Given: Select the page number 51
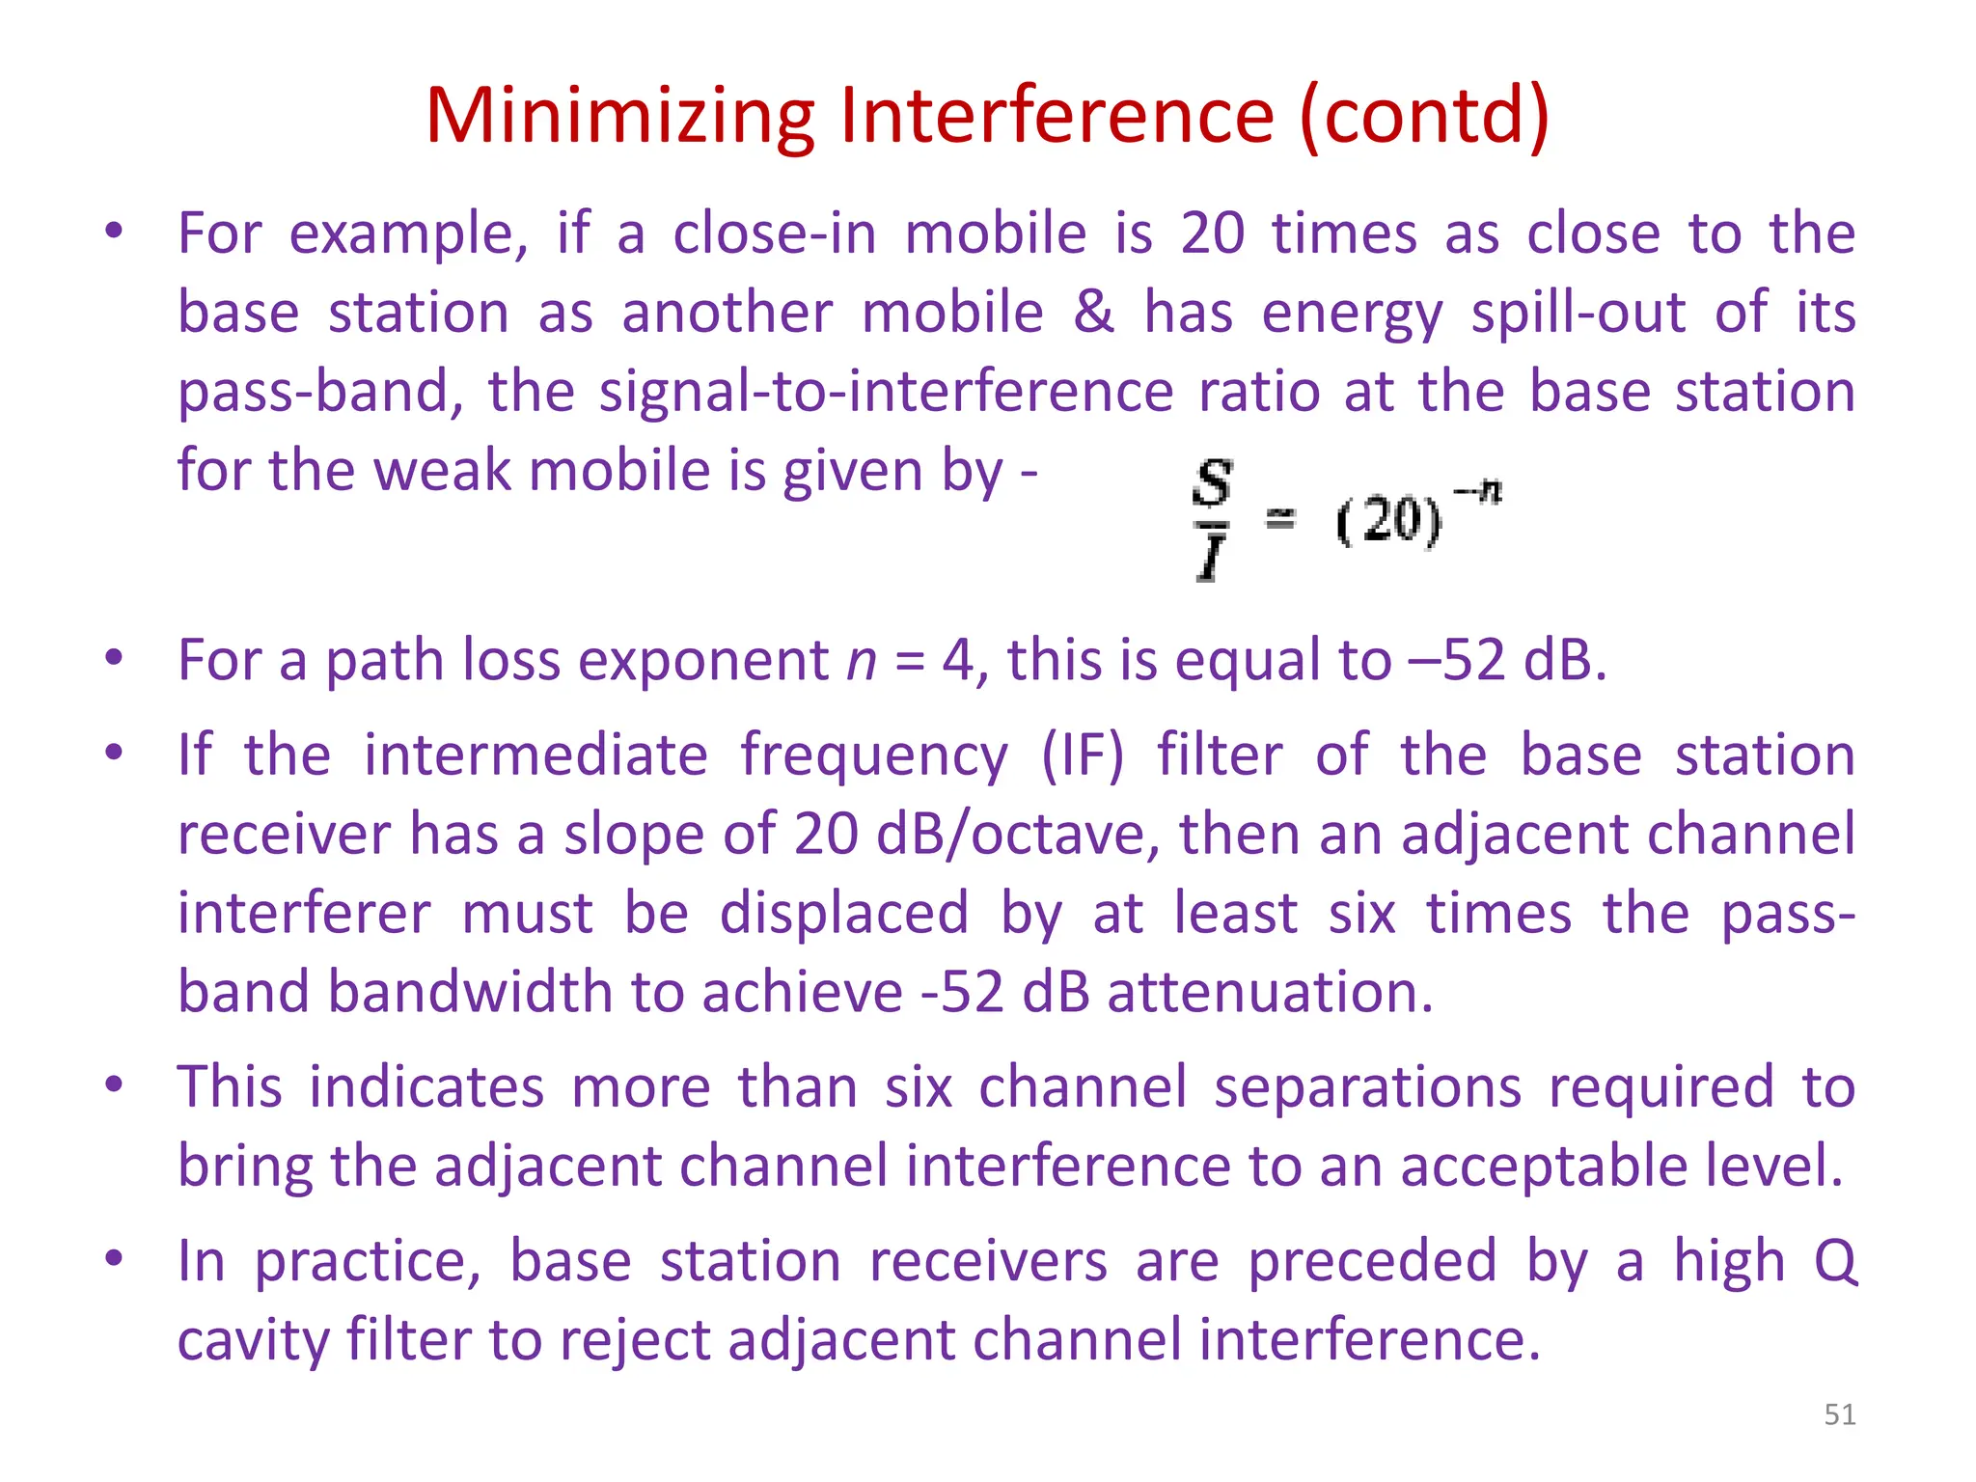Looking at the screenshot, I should tap(1840, 1414).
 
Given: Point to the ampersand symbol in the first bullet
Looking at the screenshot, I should tap(1093, 312).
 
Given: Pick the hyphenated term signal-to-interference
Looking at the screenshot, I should tap(886, 393).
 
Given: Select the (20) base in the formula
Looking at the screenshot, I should tap(1388, 522).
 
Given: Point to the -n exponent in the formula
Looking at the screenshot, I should tap(1477, 491).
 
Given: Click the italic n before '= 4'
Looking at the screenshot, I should tap(861, 661).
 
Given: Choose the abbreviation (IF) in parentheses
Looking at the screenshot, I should tap(1082, 755).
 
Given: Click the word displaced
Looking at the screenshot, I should tap(844, 913).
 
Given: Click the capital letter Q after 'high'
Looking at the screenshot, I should tap(1835, 1262).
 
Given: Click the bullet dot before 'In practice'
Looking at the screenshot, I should tap(115, 1257).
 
